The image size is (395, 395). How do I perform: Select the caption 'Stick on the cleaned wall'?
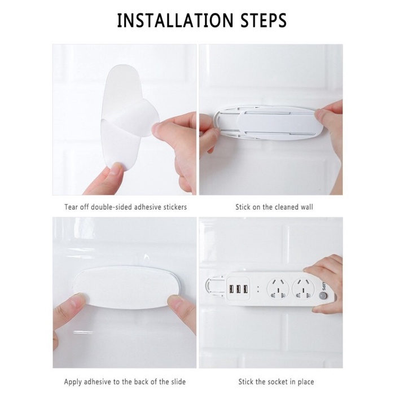pos(274,207)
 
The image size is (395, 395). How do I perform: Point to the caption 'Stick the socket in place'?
pos(274,382)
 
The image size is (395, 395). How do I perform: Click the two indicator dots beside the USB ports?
pos(257,288)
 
